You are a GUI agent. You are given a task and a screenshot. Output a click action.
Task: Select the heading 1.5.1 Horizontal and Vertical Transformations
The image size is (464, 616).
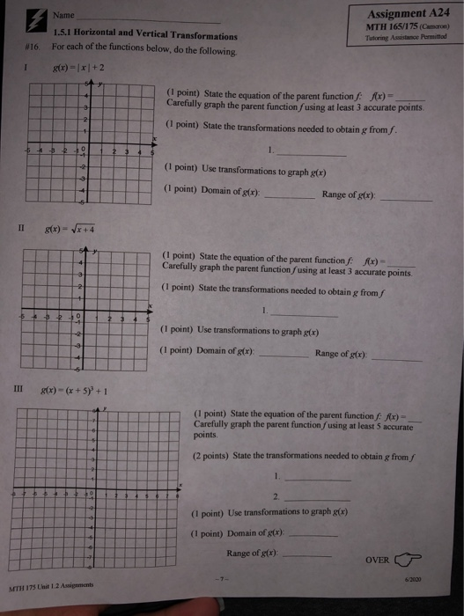144,36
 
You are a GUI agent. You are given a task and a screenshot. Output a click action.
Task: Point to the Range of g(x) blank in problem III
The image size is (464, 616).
306,555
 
